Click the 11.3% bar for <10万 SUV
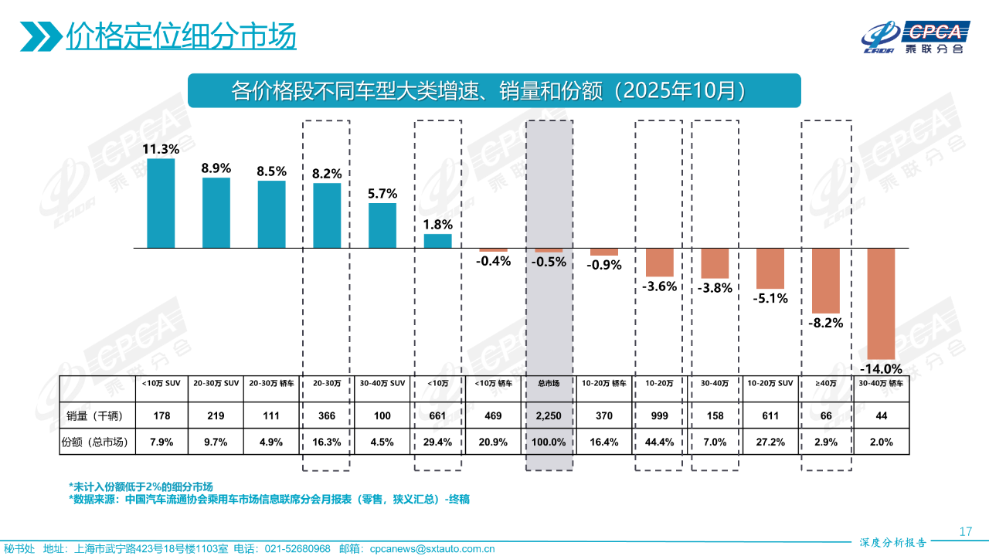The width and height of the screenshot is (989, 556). coord(161,203)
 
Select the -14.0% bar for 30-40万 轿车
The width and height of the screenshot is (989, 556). coord(881,302)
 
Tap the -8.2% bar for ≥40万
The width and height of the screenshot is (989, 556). coord(826,280)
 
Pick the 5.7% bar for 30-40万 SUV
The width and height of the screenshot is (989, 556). coord(382,225)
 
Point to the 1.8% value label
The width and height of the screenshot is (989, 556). coord(437,225)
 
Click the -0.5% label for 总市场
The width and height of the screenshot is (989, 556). coord(549,262)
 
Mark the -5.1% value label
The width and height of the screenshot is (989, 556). coord(770,298)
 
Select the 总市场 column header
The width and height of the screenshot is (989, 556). coord(549,383)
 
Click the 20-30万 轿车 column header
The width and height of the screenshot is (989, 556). coord(271,383)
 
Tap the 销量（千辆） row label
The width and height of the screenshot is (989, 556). coord(97,415)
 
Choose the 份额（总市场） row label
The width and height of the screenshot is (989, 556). coord(97,442)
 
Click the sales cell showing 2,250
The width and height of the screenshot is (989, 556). coord(549,415)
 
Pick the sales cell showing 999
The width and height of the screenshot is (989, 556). coord(660,415)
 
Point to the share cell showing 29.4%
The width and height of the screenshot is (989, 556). coord(437,442)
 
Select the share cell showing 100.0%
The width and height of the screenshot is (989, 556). coord(549,442)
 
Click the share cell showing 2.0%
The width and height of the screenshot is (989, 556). coord(881,442)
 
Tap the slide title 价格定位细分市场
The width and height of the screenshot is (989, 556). coord(181,36)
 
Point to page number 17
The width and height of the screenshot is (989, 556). coord(964,531)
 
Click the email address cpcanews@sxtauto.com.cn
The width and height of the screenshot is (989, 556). coord(432,549)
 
